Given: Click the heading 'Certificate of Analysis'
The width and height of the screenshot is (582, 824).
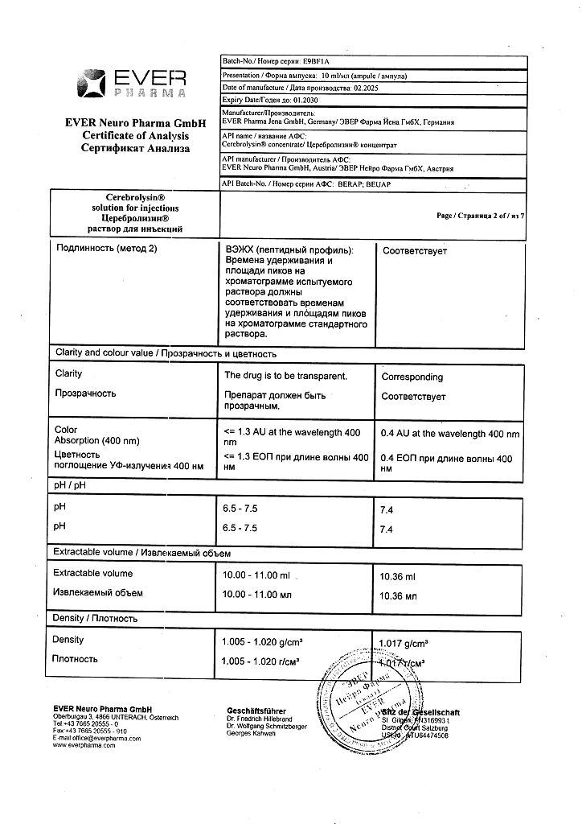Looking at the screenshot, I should (x=135, y=136).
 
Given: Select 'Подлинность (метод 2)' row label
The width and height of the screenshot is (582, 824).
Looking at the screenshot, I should (x=106, y=249).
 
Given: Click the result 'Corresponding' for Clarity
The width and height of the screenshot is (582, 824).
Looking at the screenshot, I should (x=412, y=377).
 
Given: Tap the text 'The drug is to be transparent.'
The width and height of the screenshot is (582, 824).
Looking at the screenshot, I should (x=285, y=376).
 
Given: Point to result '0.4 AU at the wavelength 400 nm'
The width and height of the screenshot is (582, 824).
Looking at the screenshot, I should (x=449, y=434).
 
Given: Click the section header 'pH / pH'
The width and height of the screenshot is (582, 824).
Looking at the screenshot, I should (x=69, y=487).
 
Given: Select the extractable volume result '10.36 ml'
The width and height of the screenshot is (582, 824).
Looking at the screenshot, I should (x=397, y=577).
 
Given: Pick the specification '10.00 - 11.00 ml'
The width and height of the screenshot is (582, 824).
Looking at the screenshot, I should (x=256, y=575).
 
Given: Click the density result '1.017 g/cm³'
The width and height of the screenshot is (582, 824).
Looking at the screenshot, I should (x=403, y=642).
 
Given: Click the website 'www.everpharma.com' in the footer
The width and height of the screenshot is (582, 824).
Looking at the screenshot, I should (x=84, y=745).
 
